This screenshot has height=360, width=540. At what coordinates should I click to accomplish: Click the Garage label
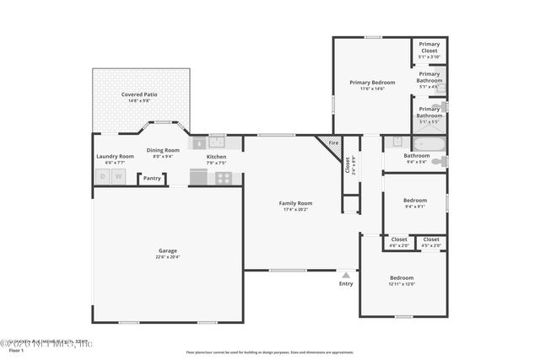[x=167, y=250]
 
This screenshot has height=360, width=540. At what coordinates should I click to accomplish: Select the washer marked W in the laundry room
[x=119, y=176]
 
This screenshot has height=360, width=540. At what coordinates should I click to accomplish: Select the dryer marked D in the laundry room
[x=103, y=176]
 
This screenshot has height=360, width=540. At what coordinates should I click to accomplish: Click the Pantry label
[x=152, y=179]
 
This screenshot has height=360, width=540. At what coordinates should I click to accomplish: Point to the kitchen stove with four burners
[x=224, y=178]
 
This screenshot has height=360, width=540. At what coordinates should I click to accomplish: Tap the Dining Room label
[x=163, y=150]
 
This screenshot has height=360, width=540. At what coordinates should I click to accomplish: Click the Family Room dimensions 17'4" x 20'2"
[x=296, y=210]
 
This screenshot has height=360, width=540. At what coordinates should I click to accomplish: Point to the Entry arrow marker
[x=345, y=274]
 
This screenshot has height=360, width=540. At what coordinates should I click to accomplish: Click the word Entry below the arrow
[x=346, y=283]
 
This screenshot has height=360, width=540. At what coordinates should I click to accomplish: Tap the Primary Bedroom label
[x=372, y=82]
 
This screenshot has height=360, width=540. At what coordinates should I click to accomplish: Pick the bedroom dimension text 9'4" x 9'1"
[x=414, y=206]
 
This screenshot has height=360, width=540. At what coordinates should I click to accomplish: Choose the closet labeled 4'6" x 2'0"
[x=399, y=242]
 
